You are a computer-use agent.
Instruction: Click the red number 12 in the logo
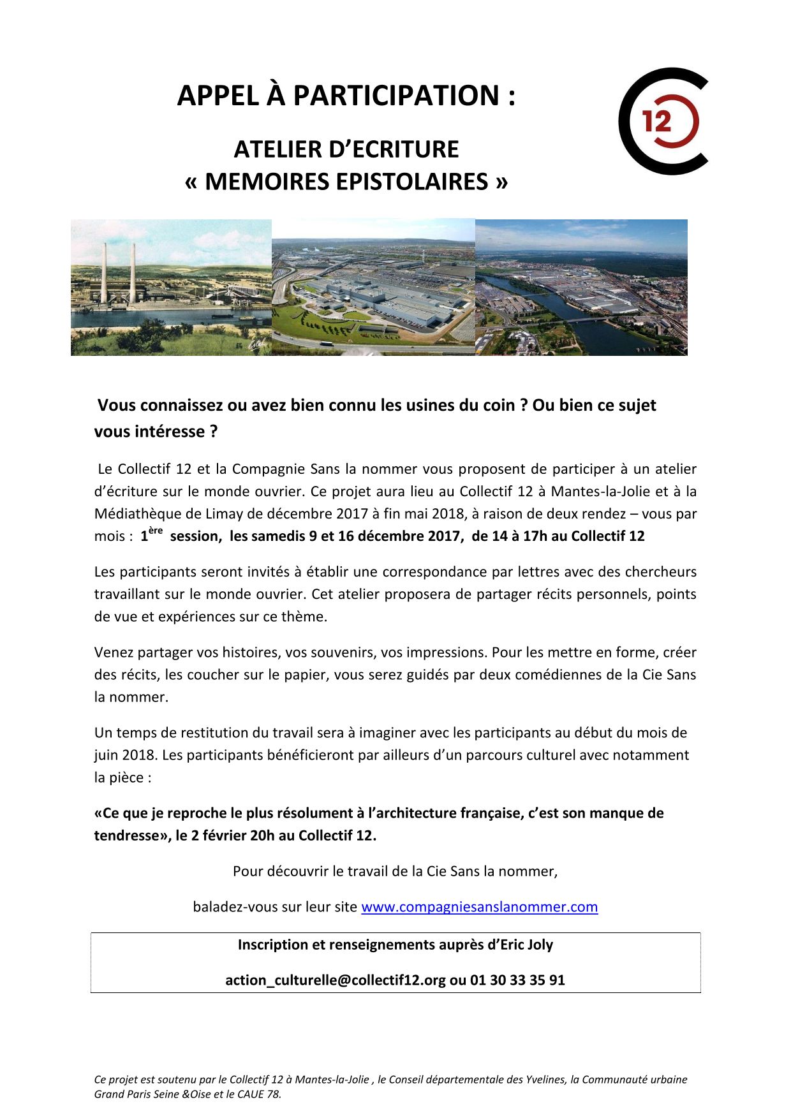coord(656,121)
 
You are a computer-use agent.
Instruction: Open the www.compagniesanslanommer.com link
coord(479,906)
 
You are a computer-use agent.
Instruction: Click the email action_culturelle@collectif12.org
coord(335,980)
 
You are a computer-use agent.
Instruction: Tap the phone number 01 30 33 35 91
coord(517,980)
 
